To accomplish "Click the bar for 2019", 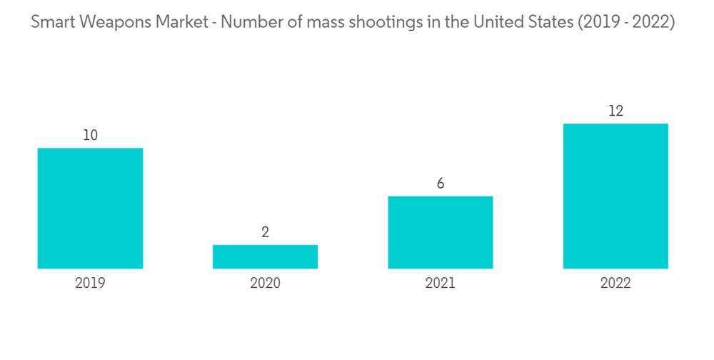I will point(90,208).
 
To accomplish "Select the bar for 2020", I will point(265,256).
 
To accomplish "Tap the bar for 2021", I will point(440,232).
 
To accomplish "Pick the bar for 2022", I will point(615,196).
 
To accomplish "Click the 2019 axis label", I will point(90,283).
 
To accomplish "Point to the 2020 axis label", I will point(265,283).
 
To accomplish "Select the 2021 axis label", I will point(440,283).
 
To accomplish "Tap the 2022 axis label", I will point(615,283).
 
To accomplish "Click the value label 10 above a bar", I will point(90,135).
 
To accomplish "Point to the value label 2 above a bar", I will point(265,232).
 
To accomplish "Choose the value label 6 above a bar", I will point(440,184).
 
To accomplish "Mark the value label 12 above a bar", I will point(615,111).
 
